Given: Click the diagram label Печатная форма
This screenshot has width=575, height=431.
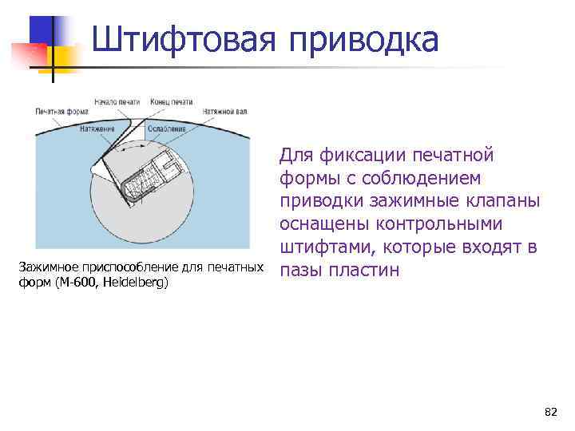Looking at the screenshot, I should tap(61, 113).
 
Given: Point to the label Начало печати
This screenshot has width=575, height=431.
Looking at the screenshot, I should tap(117, 102).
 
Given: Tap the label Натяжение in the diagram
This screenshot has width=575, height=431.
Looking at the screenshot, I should tap(97, 129).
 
